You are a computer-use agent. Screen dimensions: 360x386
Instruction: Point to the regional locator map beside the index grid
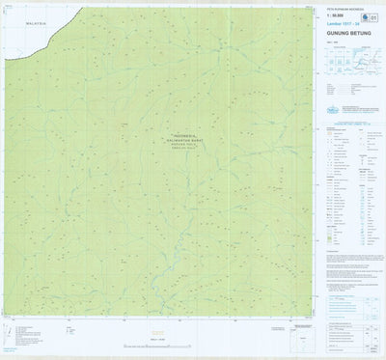(x=370, y=63)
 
